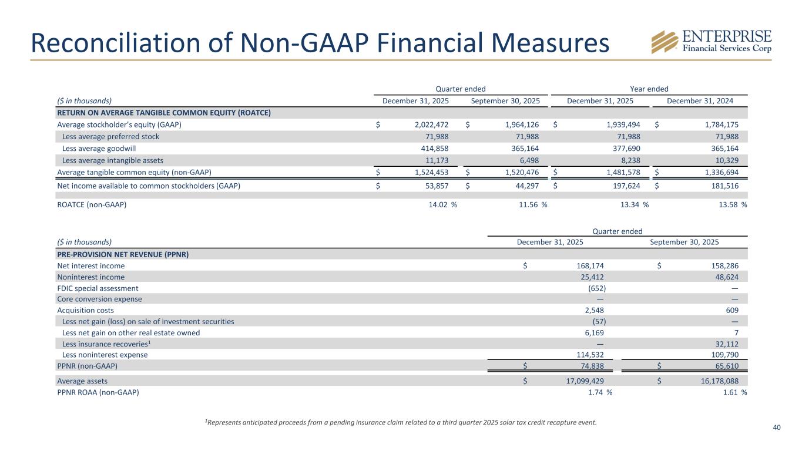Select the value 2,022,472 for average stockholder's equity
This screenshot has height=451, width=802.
point(427,125)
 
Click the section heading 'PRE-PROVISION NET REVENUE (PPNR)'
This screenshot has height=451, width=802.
point(126,254)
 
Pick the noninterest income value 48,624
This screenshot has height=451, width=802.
point(723,277)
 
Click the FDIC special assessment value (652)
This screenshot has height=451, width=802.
point(597,288)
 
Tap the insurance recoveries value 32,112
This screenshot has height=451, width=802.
point(723,344)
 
